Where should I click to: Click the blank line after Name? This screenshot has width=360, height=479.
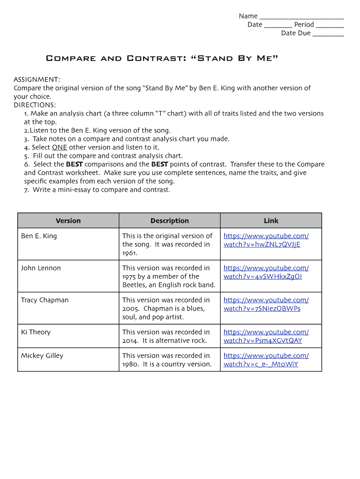302,17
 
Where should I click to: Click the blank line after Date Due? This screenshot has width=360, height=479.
328,34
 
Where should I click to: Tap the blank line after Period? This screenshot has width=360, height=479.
330,26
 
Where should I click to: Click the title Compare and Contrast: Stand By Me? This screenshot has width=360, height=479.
162,58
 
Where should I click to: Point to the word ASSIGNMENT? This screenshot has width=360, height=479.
36,80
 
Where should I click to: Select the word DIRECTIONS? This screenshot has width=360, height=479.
35,105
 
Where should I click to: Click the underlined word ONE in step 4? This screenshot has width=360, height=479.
59,147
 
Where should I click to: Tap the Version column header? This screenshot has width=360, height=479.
68,221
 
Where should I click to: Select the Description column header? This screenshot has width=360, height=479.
170,221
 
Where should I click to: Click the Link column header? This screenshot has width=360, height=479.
271,221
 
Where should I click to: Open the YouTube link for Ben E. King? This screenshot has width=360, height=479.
266,240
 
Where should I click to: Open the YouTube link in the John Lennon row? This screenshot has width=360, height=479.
266,272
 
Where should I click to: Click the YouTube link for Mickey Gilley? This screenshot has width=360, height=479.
266,360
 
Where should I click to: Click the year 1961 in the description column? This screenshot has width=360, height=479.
130,253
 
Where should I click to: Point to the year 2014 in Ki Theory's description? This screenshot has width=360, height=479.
130,341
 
